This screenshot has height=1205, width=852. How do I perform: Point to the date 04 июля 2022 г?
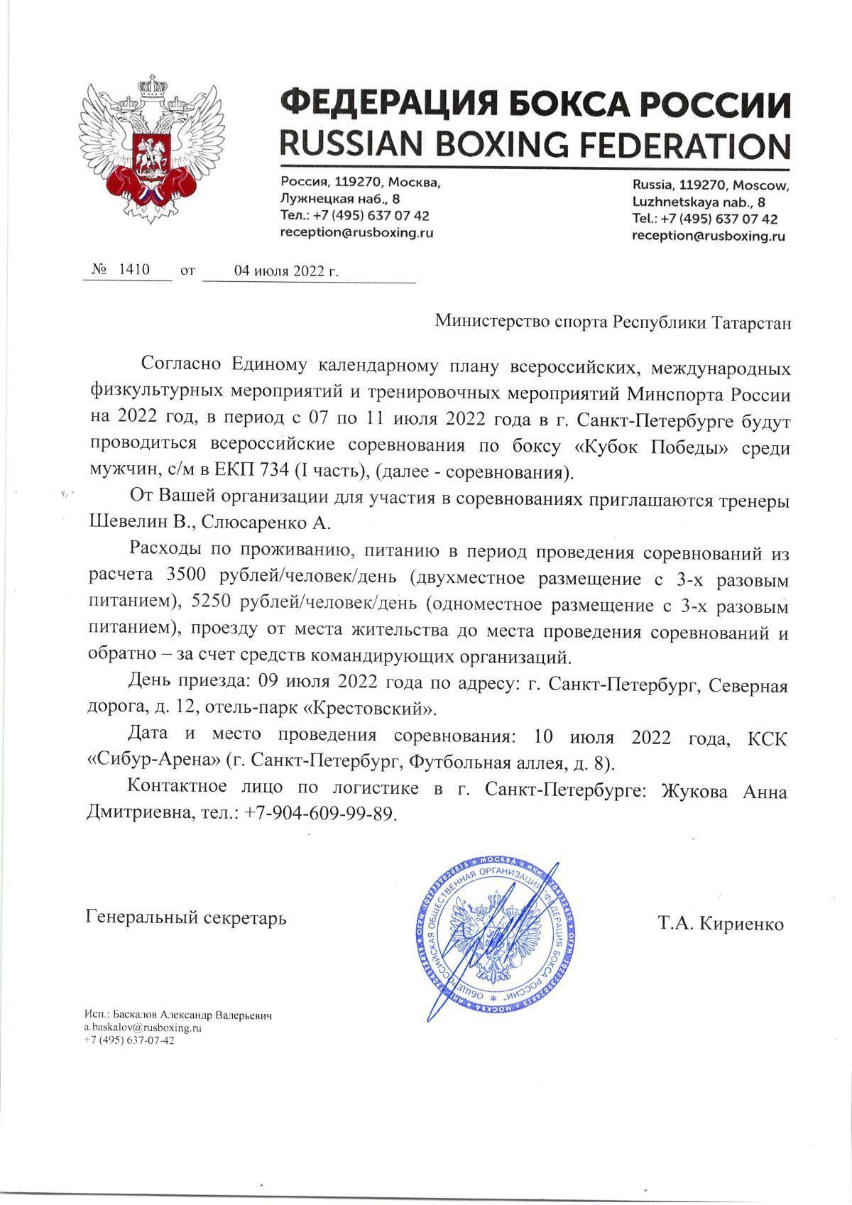287,271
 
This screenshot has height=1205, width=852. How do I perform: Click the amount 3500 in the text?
186,578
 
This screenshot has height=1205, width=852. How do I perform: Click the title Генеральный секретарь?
186,918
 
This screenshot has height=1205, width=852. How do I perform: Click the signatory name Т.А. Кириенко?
721,924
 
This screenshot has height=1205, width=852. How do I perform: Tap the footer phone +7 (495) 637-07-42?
129,1040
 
